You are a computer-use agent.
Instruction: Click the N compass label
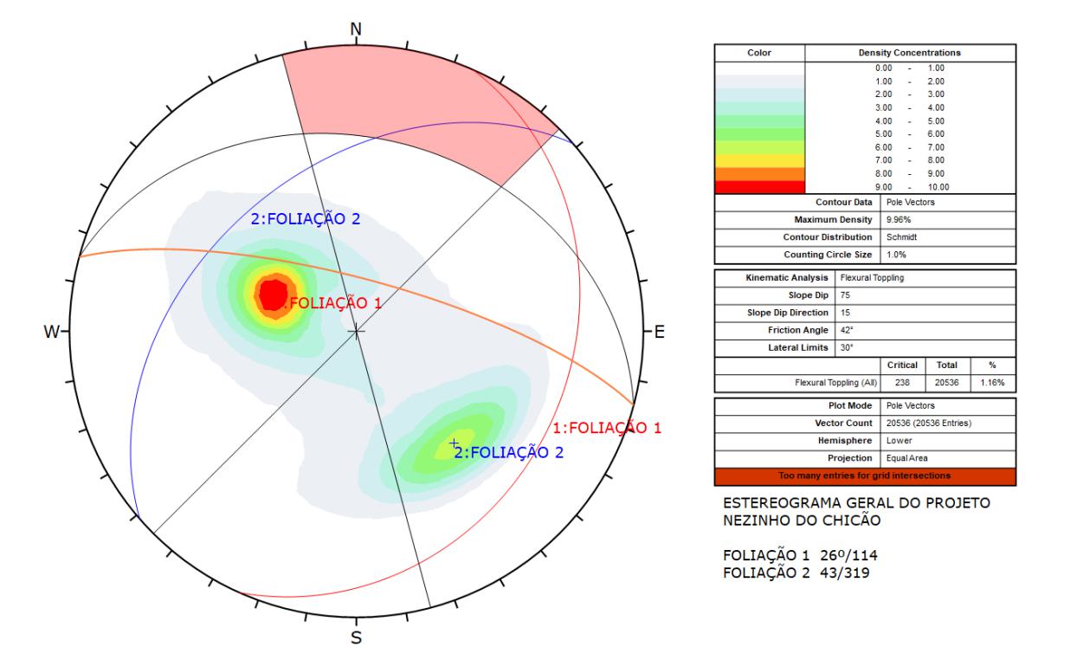(356, 29)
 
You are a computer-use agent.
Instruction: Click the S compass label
(356, 637)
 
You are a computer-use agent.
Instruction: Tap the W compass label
(52, 332)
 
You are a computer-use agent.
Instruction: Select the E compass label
(659, 332)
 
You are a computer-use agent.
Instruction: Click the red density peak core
(274, 294)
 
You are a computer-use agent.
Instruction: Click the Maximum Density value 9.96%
(899, 220)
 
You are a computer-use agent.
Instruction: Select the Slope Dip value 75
(845, 295)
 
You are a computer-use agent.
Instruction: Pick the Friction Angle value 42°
(846, 330)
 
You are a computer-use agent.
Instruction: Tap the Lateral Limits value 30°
(846, 348)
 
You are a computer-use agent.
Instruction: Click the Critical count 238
(902, 383)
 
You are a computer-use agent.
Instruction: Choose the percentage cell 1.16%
(992, 383)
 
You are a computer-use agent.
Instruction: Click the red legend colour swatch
(759, 187)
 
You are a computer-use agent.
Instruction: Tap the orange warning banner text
(865, 476)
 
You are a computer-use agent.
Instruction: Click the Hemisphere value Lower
(900, 441)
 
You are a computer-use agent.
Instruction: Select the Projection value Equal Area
(907, 458)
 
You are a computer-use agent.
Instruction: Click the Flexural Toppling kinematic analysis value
(872, 278)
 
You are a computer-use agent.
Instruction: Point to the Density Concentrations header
(910, 53)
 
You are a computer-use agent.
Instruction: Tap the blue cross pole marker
(454, 443)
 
